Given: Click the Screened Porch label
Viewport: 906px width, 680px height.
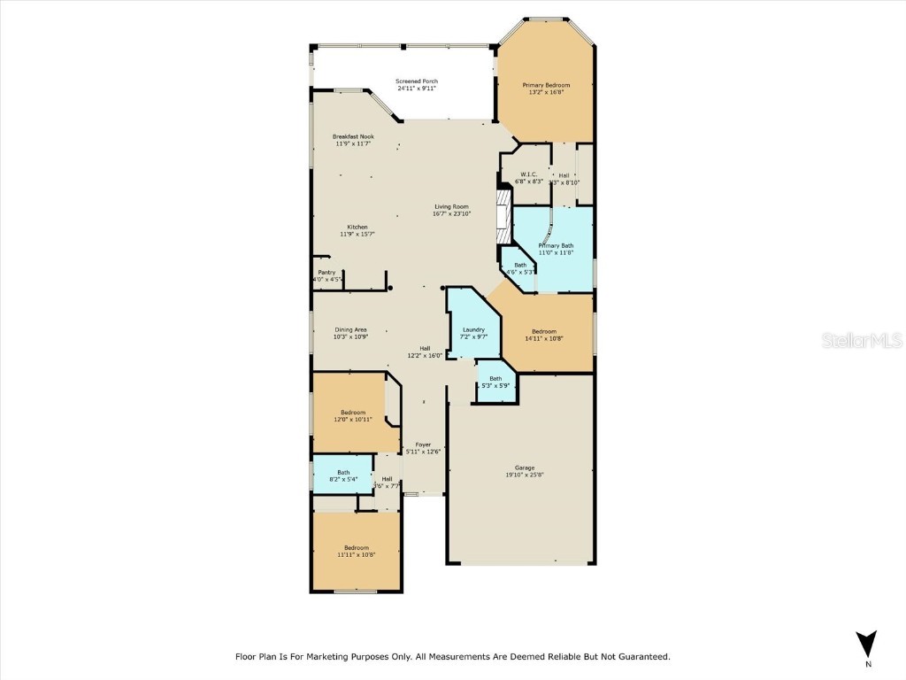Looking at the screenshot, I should click(417, 81).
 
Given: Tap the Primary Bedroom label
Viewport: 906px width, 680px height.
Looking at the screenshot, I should click(546, 85).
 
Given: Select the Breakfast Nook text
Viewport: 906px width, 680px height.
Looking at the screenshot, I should click(353, 136).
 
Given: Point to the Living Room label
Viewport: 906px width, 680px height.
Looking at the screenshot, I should click(451, 206).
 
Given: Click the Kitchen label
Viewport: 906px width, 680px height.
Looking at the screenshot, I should click(357, 227).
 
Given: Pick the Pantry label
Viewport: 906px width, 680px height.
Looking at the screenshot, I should click(326, 272).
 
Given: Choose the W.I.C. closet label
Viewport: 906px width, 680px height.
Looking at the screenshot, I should click(529, 174).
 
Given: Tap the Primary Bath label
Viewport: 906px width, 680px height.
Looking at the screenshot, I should click(557, 245).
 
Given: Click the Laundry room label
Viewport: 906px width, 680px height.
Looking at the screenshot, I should click(474, 329).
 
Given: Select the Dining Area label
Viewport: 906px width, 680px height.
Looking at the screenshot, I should click(350, 329).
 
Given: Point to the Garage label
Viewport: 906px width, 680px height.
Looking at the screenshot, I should click(525, 467).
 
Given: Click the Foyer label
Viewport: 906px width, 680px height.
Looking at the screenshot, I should click(423, 444).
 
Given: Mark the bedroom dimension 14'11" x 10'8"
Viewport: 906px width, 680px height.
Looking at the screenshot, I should click(544, 338).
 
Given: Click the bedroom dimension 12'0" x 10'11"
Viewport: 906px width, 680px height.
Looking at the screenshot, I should click(353, 420).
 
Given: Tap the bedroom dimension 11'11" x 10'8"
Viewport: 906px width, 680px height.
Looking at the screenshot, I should click(357, 555).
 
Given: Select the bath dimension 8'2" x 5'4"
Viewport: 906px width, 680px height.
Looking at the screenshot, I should click(343, 479).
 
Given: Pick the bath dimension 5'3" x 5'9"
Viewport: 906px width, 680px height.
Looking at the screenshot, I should click(495, 385).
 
